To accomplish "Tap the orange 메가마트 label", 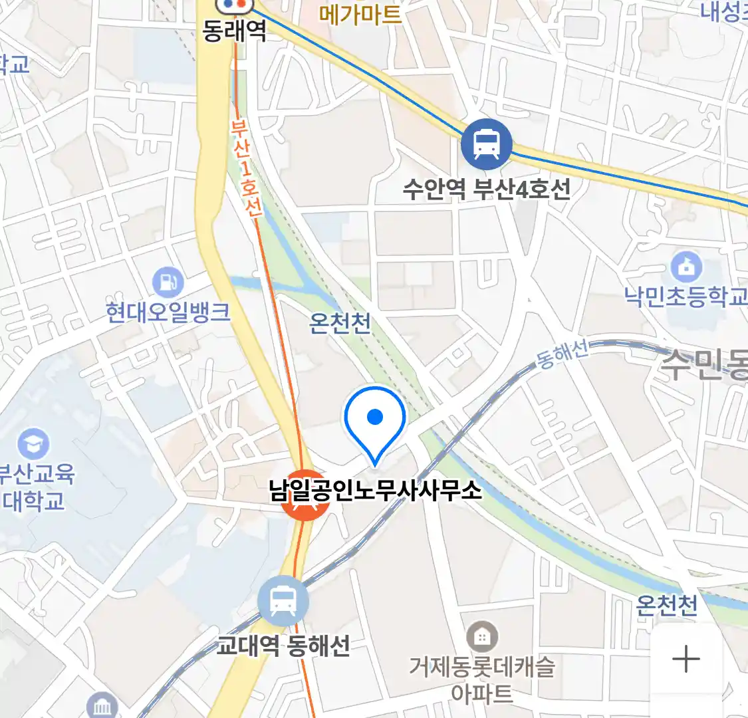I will pos(360,14).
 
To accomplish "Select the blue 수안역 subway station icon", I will pos(487,144).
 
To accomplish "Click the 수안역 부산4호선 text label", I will pos(487,189).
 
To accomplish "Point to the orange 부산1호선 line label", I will pos(247,168).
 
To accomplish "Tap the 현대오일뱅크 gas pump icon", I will pos(168,283).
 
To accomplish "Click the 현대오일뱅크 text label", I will pos(168,312).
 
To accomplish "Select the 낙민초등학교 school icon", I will pos(686,267).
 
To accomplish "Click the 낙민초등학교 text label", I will pos(686,296).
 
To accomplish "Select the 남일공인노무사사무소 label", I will pos(375,491).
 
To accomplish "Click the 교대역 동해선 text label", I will pos(284,646).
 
